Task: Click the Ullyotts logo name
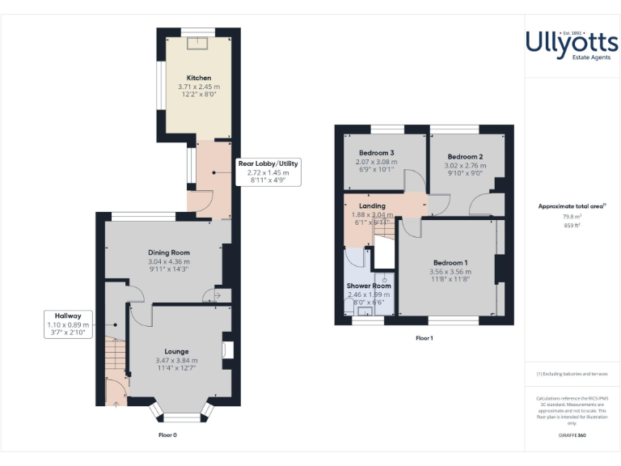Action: pyautogui.click(x=572, y=40)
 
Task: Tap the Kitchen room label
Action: pyautogui.click(x=199, y=78)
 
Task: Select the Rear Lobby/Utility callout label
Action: pyautogui.click(x=268, y=163)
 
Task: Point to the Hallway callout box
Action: pyautogui.click(x=68, y=324)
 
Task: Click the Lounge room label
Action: pyautogui.click(x=176, y=351)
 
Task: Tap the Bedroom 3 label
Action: pyautogui.click(x=377, y=153)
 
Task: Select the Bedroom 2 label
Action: pyautogui.click(x=465, y=156)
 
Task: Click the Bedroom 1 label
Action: pyautogui.click(x=450, y=263)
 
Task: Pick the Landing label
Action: pyautogui.click(x=373, y=205)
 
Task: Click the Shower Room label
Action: pyautogui.click(x=369, y=286)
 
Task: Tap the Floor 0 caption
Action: pyautogui.click(x=167, y=434)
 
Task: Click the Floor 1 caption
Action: pyautogui.click(x=425, y=338)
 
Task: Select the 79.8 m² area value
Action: pyautogui.click(x=572, y=216)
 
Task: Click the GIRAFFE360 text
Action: pyautogui.click(x=571, y=436)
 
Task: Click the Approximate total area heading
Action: pyautogui.click(x=571, y=206)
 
